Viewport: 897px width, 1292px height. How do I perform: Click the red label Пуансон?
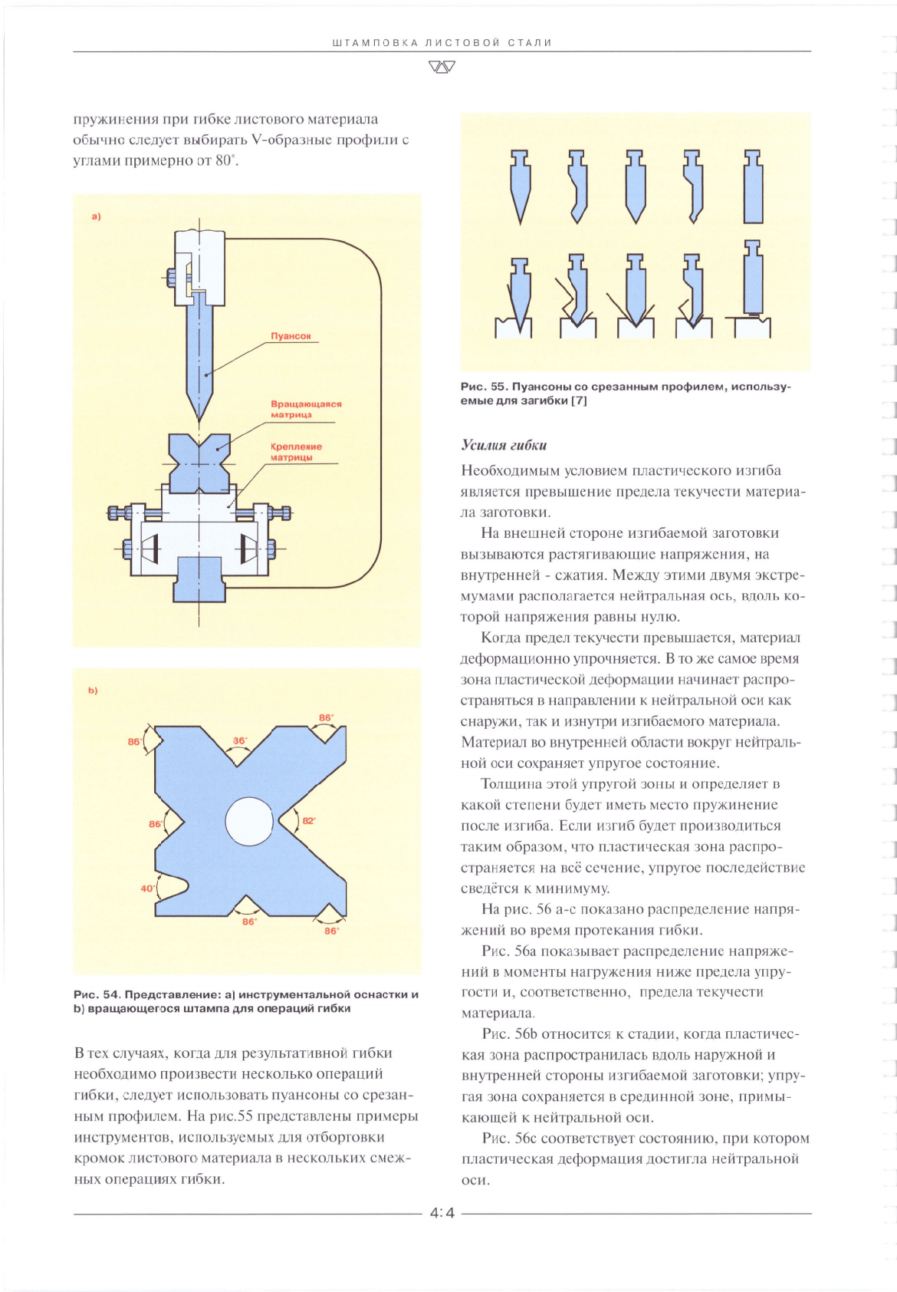click(291, 336)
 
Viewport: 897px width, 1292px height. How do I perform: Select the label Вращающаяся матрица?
click(306, 409)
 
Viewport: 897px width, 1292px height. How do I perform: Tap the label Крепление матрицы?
click(296, 452)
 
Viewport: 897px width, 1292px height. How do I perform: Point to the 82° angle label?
click(309, 821)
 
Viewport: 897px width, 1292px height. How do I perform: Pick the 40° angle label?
click(147, 888)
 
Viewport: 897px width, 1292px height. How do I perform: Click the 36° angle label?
click(240, 740)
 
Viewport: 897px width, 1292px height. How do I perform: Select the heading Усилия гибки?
click(503, 445)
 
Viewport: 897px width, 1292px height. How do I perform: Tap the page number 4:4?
click(442, 1213)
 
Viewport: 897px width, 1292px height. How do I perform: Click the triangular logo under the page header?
click(442, 67)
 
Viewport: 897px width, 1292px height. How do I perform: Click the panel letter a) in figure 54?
click(97, 217)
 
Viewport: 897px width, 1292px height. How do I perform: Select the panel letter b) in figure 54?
click(93, 690)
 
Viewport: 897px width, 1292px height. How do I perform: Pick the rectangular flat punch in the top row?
click(753, 187)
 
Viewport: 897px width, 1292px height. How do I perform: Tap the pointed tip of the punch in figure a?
click(199, 421)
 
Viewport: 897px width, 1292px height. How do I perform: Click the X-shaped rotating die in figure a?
click(199, 463)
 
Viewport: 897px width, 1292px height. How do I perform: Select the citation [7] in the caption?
click(578, 400)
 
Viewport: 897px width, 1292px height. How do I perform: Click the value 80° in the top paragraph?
click(226, 160)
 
